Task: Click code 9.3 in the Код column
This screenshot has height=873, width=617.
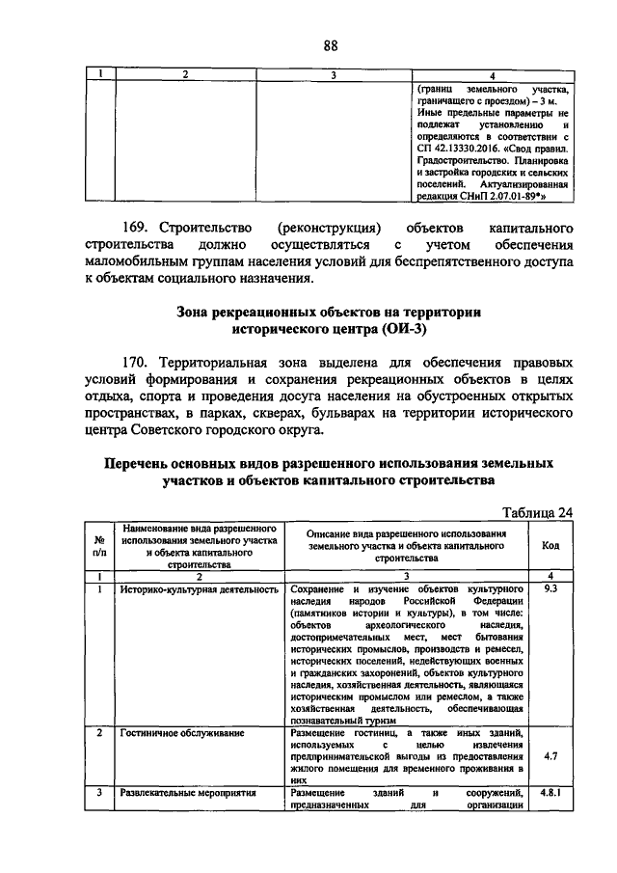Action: tap(551, 587)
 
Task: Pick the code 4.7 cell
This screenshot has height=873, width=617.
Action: tap(551, 756)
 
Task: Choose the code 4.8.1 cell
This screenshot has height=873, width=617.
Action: tap(551, 793)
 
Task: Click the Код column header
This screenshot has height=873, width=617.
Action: tap(551, 545)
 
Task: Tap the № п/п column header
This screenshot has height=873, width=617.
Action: tap(99, 545)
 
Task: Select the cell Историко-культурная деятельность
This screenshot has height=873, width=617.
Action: tap(186, 587)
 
